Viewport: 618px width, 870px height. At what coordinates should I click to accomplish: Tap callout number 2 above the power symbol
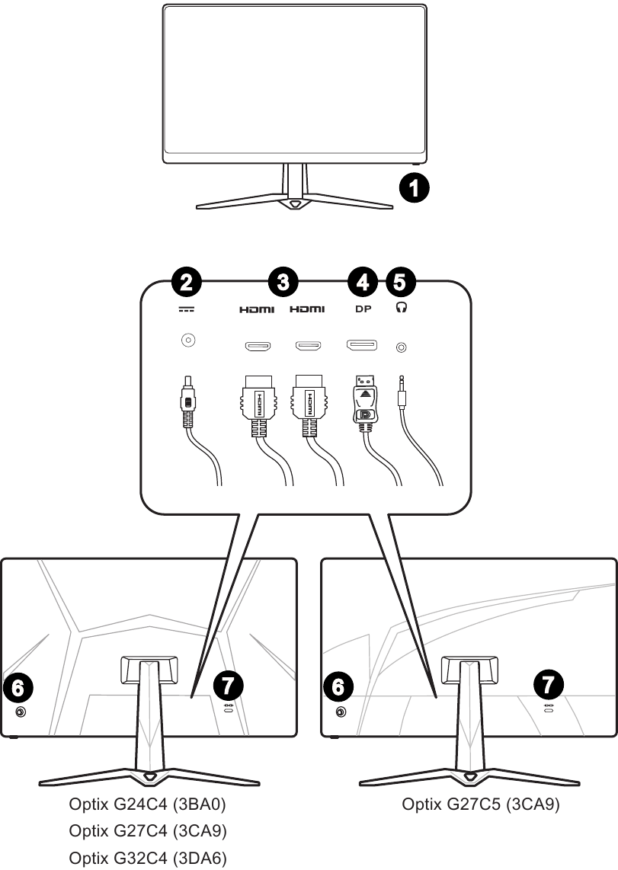click(187, 282)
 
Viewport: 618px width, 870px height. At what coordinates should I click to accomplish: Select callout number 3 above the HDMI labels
click(283, 282)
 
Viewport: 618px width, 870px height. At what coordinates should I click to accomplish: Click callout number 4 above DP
click(363, 282)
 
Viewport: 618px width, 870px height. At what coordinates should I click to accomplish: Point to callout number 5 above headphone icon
click(401, 282)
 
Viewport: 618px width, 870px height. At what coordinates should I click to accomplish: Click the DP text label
click(363, 309)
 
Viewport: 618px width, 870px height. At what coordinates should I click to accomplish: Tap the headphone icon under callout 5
click(401, 309)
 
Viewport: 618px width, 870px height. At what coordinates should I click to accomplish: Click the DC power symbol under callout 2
click(187, 309)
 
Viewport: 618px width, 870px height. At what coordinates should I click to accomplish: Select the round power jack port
click(187, 341)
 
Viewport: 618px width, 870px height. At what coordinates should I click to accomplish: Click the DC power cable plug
click(187, 404)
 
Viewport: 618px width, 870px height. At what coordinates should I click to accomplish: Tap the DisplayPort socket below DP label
click(361, 347)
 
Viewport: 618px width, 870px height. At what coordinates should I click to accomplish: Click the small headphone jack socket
click(402, 347)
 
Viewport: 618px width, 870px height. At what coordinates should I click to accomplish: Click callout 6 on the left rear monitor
click(19, 688)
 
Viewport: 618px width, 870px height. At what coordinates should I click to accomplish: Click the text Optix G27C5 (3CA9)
click(481, 805)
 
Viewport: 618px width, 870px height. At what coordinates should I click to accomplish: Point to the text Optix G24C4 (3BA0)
click(148, 805)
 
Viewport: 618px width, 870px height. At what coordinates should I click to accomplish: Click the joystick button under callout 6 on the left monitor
click(20, 712)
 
